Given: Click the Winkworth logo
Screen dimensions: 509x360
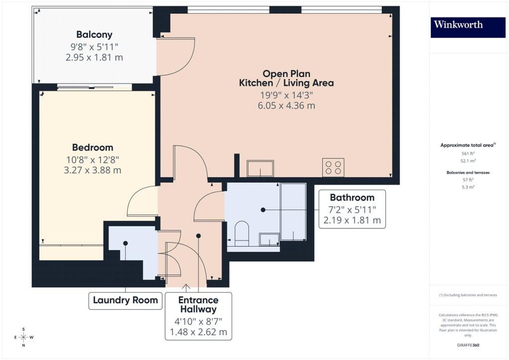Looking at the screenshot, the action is click(468, 27).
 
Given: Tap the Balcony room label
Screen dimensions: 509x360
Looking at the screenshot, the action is click(94, 34).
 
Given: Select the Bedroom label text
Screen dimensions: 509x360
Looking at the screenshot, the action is click(92, 147).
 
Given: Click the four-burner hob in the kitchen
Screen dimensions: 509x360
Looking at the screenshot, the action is click(333, 168).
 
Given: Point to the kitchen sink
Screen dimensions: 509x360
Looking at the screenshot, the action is click(260, 169).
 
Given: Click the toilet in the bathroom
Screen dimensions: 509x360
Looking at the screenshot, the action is click(242, 234).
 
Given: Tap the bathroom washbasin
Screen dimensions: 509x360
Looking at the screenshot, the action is click(269, 240).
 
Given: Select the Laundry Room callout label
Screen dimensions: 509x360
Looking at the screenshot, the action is click(125, 300).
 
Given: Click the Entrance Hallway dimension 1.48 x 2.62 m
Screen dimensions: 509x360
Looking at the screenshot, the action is click(198, 332).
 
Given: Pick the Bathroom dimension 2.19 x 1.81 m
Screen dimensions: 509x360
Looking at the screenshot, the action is click(352, 220).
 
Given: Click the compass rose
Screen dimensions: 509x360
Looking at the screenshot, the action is click(24, 337).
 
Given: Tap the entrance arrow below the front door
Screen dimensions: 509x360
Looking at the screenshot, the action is click(186, 287).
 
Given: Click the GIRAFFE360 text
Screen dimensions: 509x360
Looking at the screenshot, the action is click(468, 345).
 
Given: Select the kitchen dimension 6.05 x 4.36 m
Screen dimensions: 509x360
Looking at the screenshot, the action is click(286, 106).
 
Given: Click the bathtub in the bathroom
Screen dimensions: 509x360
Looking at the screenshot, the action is click(293, 212).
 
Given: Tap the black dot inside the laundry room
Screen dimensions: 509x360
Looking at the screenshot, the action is click(125, 243).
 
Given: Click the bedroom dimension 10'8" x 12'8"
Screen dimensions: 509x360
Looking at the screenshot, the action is click(92, 160).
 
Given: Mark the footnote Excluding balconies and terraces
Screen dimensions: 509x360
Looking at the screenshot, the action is click(468, 295).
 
